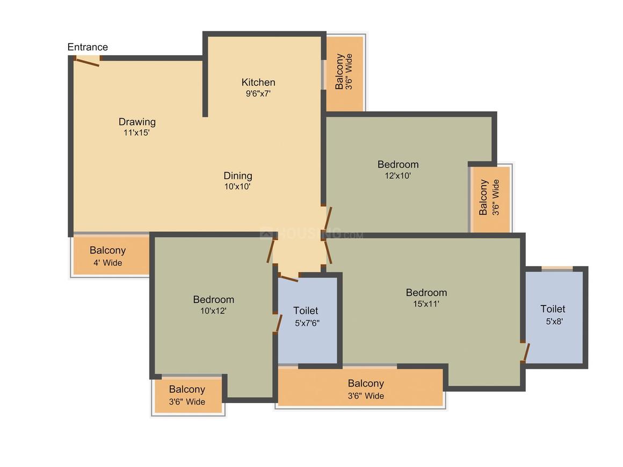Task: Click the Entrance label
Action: pyautogui.click(x=88, y=47)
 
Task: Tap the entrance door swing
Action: pyautogui.click(x=87, y=62)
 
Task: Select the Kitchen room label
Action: pyautogui.click(x=258, y=82)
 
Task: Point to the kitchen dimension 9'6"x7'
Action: pyautogui.click(x=258, y=93)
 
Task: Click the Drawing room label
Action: pyautogui.click(x=137, y=122)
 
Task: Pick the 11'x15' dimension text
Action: pyautogui.click(x=136, y=133)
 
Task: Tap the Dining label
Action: pyautogui.click(x=238, y=176)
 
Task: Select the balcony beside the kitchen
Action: pyautogui.click(x=344, y=72)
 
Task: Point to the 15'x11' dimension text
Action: pyautogui.click(x=426, y=304)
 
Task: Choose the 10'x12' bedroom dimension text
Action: pyautogui.click(x=213, y=310)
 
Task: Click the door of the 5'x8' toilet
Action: pyautogui.click(x=526, y=352)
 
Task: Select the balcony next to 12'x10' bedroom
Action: pyautogui.click(x=489, y=198)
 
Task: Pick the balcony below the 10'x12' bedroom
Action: pyautogui.click(x=187, y=396)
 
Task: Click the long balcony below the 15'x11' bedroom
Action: pyautogui.click(x=360, y=389)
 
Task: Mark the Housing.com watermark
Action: pyautogui.click(x=311, y=234)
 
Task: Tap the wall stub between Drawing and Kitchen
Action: pyautogui.click(x=205, y=86)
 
